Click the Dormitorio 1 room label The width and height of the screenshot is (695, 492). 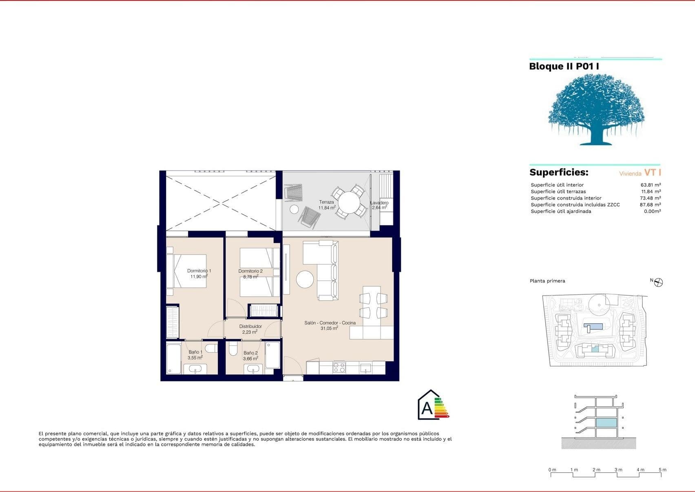199,274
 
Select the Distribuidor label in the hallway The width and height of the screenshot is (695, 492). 250,329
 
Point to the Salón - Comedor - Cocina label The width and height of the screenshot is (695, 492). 330,325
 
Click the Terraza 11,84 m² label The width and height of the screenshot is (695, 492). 327,205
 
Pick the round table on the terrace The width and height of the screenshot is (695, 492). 349,202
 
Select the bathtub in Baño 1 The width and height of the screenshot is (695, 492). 174,358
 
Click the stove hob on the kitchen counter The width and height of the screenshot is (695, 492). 339,368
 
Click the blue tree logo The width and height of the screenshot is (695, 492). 596,109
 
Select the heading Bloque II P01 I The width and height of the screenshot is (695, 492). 564,66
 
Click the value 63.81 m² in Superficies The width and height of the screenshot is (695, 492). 651,185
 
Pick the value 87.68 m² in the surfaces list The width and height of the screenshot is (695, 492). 650,205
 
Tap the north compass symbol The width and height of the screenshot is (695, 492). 658,283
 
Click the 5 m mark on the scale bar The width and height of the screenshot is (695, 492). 662,470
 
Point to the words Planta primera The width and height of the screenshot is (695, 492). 547,281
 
